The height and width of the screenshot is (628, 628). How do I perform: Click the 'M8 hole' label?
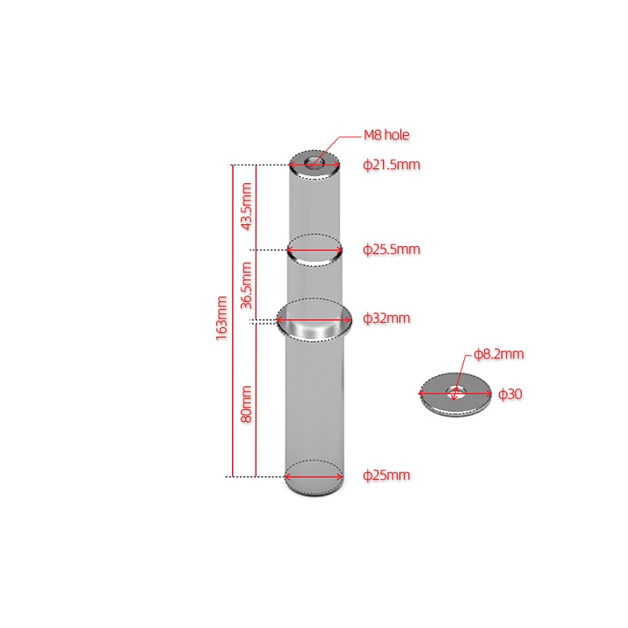pos(386,135)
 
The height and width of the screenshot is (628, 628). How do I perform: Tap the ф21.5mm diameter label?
pos(392,165)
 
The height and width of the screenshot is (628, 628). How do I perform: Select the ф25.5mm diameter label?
pos(392,249)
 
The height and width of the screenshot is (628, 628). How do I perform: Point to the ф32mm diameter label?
pos(386,318)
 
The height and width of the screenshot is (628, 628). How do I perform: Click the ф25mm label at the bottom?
pos(386,475)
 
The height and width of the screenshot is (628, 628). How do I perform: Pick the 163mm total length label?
pos(222,318)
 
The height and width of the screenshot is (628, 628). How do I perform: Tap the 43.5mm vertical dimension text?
pos(246,206)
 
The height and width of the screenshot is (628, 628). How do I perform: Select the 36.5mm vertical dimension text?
pos(246,285)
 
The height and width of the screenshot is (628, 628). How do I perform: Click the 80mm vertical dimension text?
pos(246,405)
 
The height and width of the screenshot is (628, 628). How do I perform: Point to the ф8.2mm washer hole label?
pos(499,354)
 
